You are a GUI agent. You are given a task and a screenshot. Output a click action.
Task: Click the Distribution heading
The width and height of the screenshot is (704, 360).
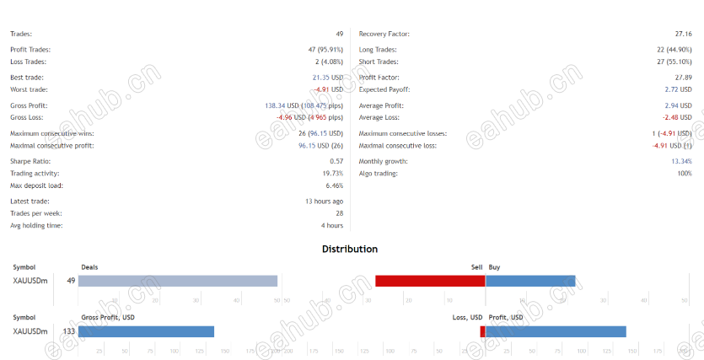pyautogui.click(x=350, y=250)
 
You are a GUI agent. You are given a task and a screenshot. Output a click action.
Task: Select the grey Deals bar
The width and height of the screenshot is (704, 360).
pyautogui.click(x=178, y=281)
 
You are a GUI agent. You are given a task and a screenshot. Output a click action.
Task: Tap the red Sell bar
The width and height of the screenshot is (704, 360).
pyautogui.click(x=429, y=281)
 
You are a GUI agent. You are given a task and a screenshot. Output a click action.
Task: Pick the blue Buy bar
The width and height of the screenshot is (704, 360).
pyautogui.click(x=530, y=281)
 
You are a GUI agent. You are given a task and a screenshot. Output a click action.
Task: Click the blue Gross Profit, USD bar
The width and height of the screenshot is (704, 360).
pyautogui.click(x=146, y=331)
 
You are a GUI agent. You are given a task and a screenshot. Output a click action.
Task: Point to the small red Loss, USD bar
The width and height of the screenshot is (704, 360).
pyautogui.click(x=482, y=331)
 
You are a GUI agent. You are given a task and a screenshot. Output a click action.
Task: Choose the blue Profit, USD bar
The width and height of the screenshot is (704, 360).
pyautogui.click(x=556, y=331)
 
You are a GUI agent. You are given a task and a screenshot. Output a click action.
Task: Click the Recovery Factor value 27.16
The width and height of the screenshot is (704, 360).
pyautogui.click(x=683, y=34)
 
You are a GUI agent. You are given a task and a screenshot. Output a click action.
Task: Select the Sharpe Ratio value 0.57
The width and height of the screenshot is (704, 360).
pyautogui.click(x=336, y=161)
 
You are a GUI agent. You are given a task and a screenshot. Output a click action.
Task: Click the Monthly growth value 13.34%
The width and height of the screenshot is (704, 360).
pyautogui.click(x=681, y=161)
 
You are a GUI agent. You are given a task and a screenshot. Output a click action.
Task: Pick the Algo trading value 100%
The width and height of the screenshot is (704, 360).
pyautogui.click(x=684, y=174)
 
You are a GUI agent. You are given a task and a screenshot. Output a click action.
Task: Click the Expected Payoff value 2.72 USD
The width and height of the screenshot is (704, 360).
pyautogui.click(x=678, y=89)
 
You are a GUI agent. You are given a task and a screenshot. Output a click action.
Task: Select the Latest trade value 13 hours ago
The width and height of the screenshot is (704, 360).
pyautogui.click(x=323, y=201)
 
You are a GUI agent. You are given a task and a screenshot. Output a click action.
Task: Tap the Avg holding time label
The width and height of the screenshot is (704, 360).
pyautogui.click(x=36, y=225)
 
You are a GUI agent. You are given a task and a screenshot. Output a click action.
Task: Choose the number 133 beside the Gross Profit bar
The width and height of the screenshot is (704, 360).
pyautogui.click(x=69, y=331)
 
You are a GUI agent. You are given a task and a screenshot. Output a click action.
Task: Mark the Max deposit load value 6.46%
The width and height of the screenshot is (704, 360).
pyautogui.click(x=334, y=185)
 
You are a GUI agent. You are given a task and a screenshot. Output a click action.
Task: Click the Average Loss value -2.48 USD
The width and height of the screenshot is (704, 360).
pyautogui.click(x=676, y=117)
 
